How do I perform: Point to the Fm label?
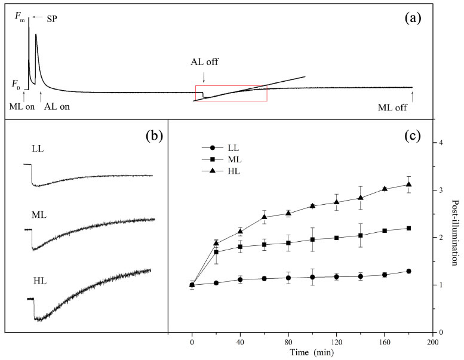pyautogui.click(x=20, y=18)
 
